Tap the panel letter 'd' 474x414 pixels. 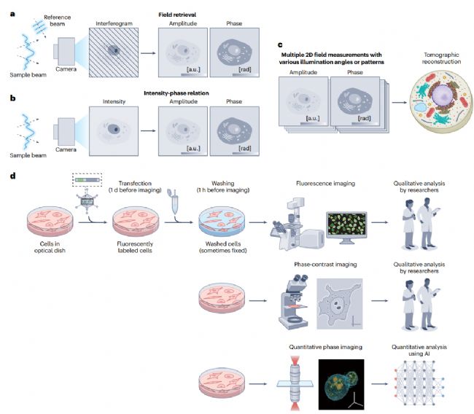7,176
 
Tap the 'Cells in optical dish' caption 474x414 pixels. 44,246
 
